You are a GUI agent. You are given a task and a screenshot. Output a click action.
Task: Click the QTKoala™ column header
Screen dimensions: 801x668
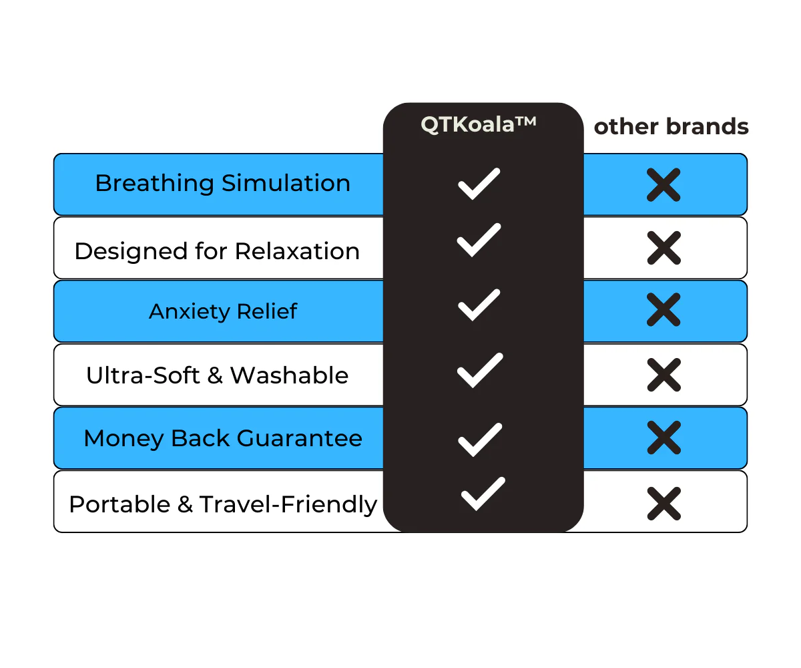[x=479, y=125]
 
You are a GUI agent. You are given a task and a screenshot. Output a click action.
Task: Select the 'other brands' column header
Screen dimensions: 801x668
[x=671, y=127]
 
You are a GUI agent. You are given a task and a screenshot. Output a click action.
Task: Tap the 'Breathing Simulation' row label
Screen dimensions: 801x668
[x=222, y=183]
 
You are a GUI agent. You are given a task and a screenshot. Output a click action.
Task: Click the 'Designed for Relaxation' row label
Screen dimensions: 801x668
[x=217, y=251]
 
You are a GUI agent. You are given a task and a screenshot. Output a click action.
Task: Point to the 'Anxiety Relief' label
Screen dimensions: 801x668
[x=222, y=311]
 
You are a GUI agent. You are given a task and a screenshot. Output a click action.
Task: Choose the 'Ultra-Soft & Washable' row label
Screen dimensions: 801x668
[x=217, y=375]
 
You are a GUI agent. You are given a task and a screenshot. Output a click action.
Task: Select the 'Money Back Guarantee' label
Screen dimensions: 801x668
[x=223, y=438]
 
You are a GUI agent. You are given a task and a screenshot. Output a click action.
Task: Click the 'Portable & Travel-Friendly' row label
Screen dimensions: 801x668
[x=223, y=504]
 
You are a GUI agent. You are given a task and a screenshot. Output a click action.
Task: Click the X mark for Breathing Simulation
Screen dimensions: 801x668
[x=663, y=184]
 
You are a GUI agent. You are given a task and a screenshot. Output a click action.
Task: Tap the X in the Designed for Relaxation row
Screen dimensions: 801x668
[x=664, y=248]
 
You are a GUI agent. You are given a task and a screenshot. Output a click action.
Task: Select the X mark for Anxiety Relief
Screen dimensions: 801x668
[x=663, y=310]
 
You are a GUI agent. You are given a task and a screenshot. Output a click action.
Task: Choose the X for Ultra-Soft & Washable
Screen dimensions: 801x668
[x=664, y=375]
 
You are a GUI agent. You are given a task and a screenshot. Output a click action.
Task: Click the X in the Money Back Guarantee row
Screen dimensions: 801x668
[x=664, y=438]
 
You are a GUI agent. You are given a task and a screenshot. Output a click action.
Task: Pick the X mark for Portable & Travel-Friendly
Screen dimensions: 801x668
[x=664, y=504]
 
